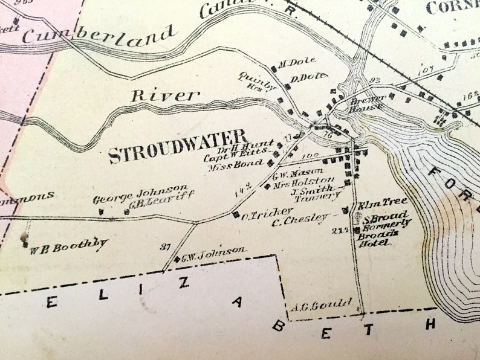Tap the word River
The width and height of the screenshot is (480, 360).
pos(165,95)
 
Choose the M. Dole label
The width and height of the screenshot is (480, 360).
pos(293,62)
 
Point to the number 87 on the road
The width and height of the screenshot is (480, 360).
pos(166,246)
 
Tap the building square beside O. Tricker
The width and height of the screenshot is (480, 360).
pos(236,214)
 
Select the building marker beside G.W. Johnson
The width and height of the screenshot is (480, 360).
pos(177,259)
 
